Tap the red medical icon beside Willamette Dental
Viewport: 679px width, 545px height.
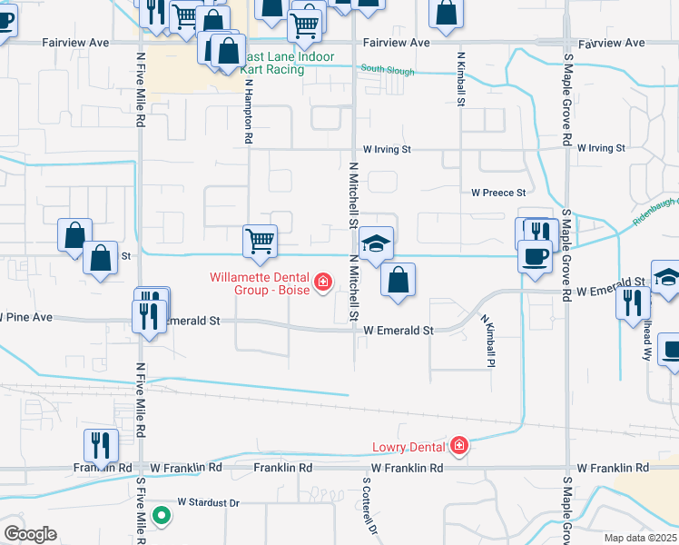click(321, 284)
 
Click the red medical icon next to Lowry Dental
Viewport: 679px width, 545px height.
click(459, 445)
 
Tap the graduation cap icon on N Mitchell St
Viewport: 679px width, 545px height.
click(376, 243)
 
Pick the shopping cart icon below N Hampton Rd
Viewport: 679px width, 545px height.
click(260, 241)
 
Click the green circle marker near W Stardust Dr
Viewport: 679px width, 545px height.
click(162, 517)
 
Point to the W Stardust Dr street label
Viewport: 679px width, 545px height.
click(208, 501)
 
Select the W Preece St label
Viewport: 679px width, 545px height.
click(498, 193)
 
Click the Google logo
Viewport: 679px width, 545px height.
click(29, 533)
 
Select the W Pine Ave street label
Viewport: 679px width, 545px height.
click(27, 318)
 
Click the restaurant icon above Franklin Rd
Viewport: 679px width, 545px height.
click(100, 444)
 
